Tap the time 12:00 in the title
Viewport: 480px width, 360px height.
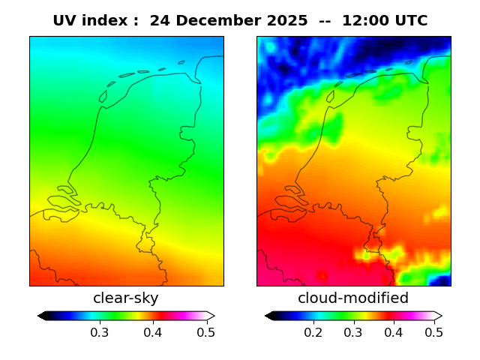click(366, 21)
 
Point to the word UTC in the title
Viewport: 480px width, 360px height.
click(410, 21)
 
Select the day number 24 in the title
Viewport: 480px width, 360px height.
click(159, 21)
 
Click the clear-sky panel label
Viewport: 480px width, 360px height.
click(126, 298)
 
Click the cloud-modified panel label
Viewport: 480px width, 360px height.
click(353, 298)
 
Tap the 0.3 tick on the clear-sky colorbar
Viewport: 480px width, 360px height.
click(99, 331)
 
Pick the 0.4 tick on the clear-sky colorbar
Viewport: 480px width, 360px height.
click(153, 331)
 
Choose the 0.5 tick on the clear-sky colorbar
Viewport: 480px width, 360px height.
click(206, 331)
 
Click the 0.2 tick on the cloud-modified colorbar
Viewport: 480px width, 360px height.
click(313, 331)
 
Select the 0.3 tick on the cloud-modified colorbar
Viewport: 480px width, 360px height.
click(353, 331)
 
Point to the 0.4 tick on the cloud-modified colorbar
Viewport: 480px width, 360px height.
click(393, 331)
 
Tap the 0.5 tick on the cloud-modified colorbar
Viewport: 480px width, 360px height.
click(433, 331)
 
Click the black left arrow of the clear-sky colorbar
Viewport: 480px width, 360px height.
click(42, 316)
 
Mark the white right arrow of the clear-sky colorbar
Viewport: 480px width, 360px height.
click(211, 316)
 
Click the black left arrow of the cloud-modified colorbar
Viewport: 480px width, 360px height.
click(269, 316)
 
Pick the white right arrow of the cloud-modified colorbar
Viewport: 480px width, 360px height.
click(438, 316)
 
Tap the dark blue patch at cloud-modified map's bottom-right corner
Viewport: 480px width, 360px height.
click(442, 280)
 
